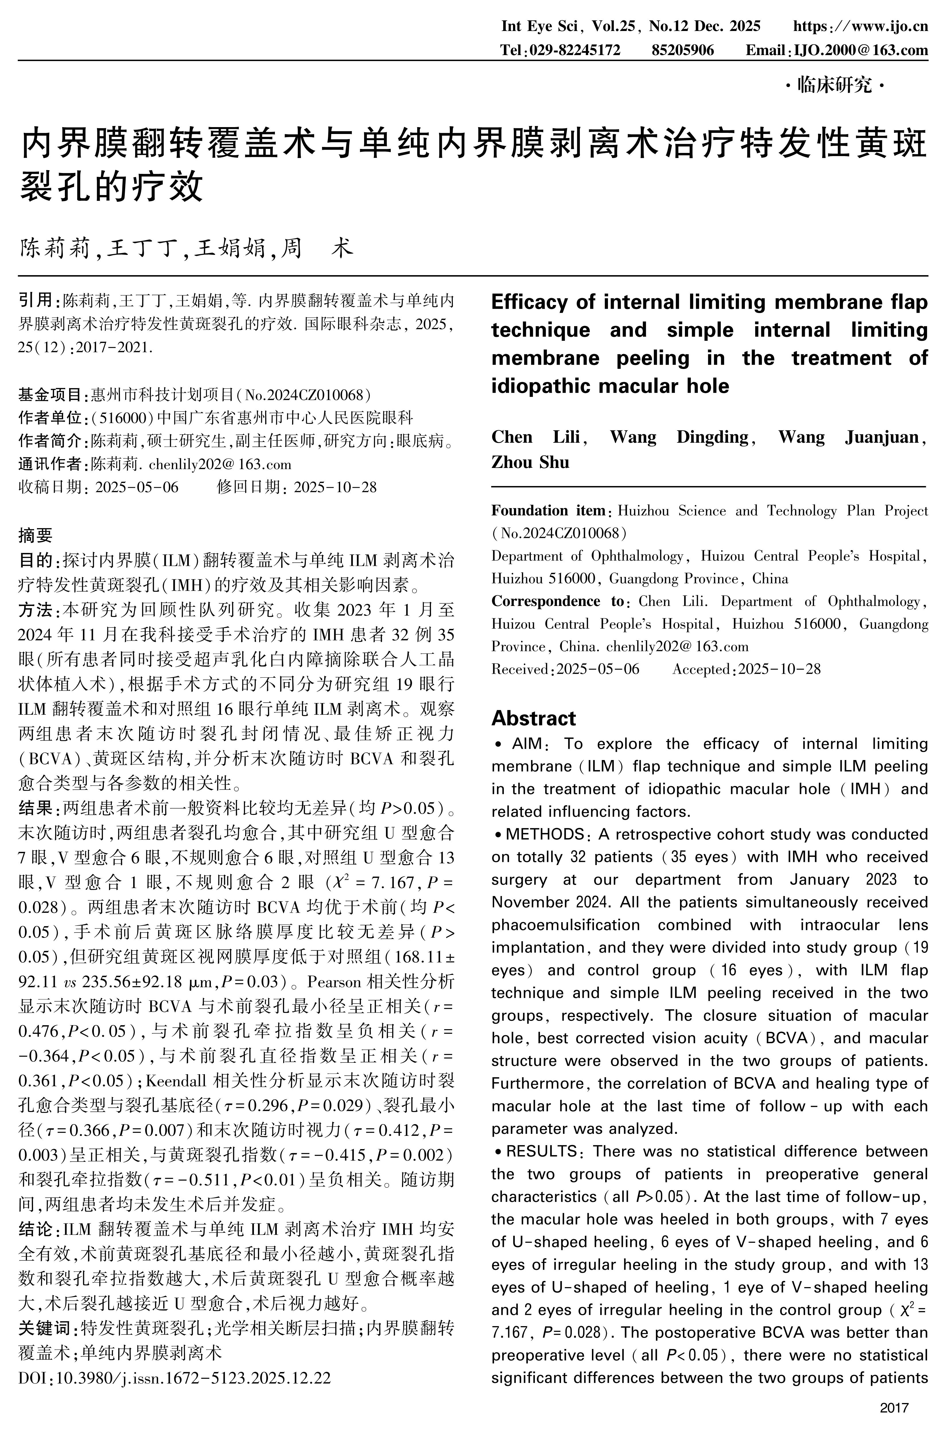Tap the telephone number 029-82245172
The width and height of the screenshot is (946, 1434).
tap(574, 50)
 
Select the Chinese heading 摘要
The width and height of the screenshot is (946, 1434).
tap(36, 535)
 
